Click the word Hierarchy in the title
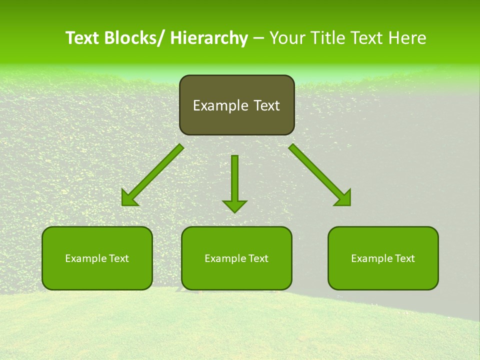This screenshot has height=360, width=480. [209, 38]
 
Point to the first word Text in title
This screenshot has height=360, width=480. [82, 38]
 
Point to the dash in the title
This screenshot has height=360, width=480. [258, 38]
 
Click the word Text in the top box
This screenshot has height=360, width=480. [265, 105]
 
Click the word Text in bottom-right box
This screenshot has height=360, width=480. [404, 258]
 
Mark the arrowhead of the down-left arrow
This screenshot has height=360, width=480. [129, 198]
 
